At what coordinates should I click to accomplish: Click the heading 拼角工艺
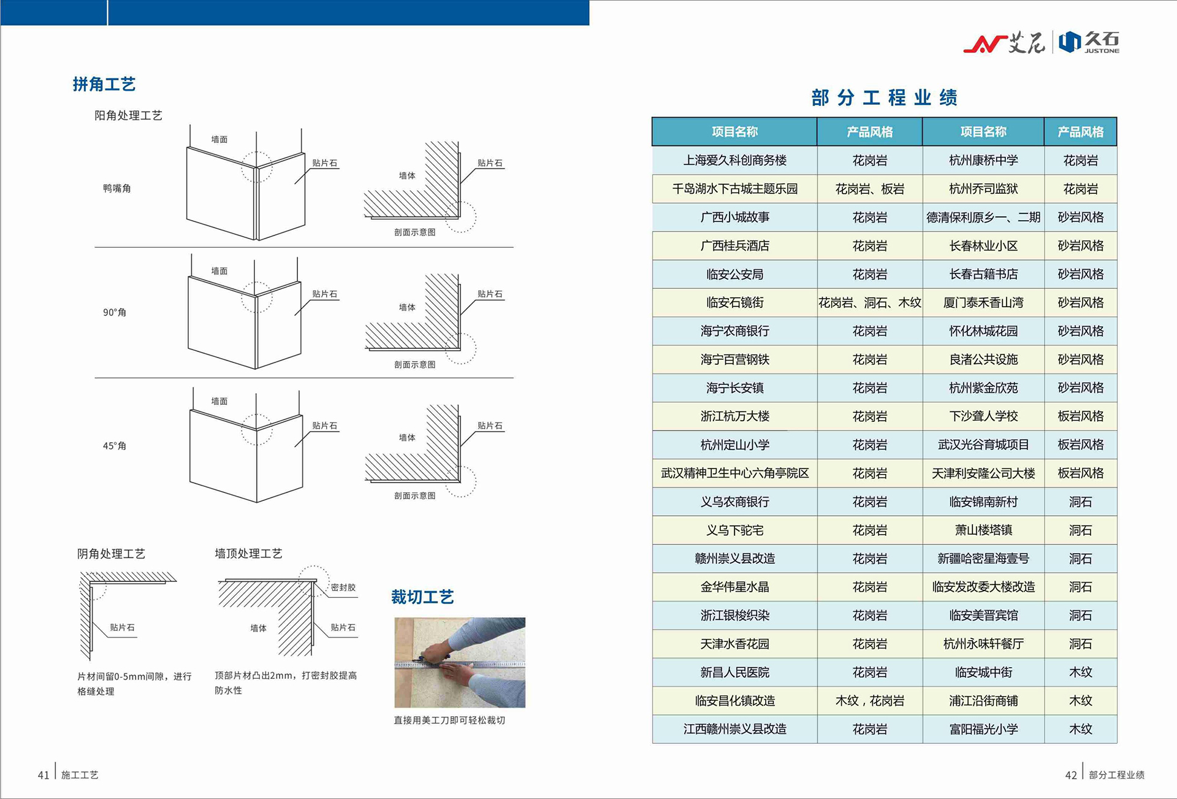click(104, 84)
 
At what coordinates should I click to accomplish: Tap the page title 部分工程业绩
click(884, 97)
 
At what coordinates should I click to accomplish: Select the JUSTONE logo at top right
click(1090, 42)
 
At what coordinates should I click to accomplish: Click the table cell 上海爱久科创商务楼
click(734, 161)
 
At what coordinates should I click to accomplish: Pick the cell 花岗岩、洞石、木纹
click(869, 303)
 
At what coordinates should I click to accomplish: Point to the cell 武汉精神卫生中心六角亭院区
click(734, 473)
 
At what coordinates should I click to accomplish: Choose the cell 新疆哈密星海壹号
click(983, 559)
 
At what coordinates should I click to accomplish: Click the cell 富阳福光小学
click(983, 729)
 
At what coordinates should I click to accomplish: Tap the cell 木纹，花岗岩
click(869, 701)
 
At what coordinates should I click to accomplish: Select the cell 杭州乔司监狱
click(983, 189)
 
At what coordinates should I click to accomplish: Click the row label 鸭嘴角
click(116, 188)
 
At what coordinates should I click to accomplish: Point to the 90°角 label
click(115, 312)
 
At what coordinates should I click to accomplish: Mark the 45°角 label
click(115, 446)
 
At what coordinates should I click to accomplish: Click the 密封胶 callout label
click(343, 587)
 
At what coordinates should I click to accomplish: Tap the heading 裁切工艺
click(422, 597)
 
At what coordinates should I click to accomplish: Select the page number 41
click(43, 775)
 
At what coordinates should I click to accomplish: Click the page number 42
click(1070, 775)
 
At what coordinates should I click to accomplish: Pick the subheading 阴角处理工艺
click(111, 554)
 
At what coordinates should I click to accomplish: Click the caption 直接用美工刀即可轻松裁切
click(449, 720)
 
